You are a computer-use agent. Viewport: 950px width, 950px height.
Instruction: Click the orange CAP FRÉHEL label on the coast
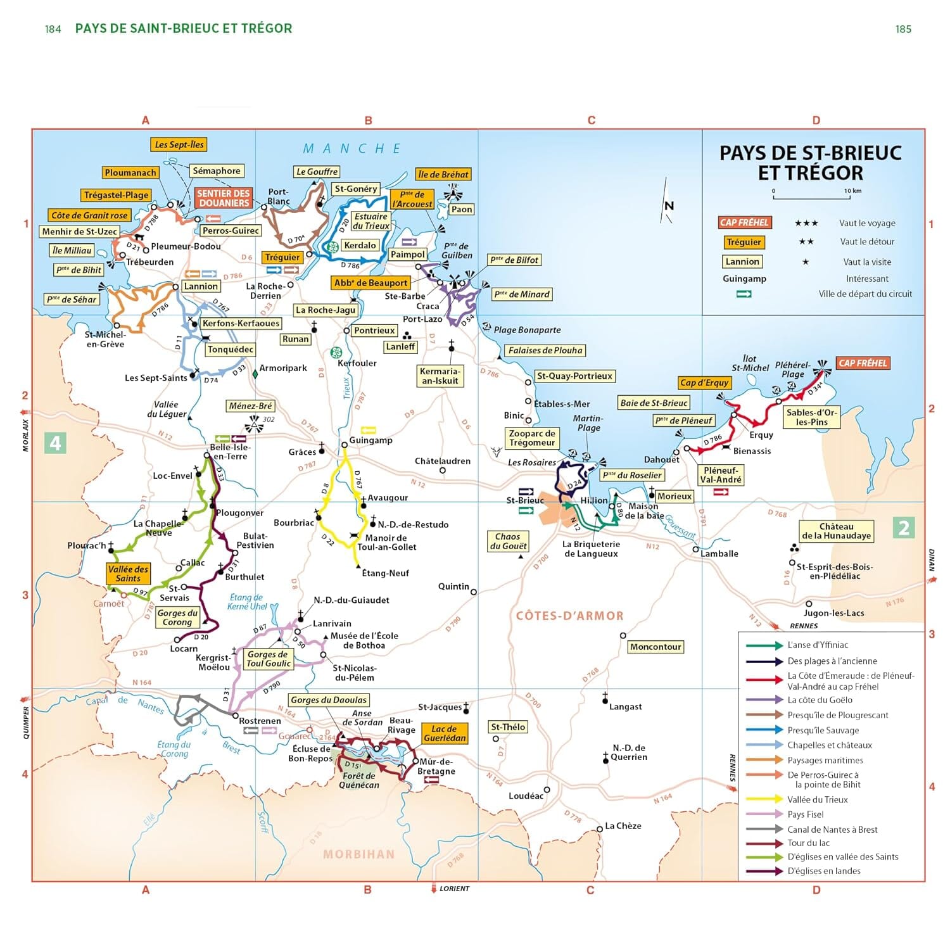pos(863,363)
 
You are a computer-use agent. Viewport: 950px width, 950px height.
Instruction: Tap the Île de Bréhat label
pos(443,174)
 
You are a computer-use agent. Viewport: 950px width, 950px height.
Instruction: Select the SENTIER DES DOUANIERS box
pos(224,198)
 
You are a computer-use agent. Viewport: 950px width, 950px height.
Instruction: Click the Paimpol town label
pos(407,255)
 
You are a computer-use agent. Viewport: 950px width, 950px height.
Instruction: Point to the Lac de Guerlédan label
pos(445,733)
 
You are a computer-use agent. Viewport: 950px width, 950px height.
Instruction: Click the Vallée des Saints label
pos(128,574)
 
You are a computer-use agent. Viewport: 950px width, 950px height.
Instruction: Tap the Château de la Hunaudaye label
pos(836,531)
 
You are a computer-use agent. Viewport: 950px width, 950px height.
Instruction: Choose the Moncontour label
pos(655,647)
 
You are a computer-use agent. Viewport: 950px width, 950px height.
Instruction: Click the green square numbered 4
pos(56,443)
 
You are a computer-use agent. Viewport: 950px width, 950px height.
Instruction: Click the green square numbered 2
pos(904,528)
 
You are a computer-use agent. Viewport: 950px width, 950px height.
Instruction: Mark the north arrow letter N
pos(669,205)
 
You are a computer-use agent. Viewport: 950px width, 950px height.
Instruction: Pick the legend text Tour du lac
pos(808,843)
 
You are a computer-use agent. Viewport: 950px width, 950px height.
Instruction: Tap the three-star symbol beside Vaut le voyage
pos(806,223)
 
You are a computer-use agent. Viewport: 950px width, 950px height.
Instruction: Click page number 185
pos(903,29)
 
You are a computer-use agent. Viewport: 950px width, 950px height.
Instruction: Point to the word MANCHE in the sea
pos(352,149)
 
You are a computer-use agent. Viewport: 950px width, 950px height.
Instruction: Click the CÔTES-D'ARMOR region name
pos(569,616)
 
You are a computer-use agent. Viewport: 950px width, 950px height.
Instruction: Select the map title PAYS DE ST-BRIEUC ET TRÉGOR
pos(810,163)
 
